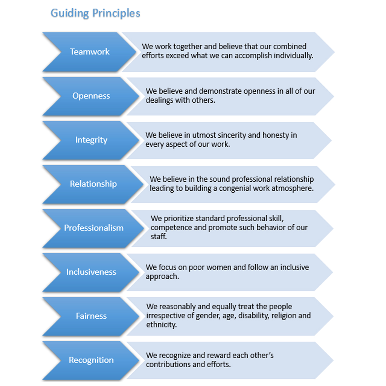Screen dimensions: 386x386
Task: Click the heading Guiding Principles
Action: (95, 13)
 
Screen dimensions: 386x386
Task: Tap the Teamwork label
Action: (89, 52)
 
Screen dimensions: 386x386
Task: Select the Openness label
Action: (91, 96)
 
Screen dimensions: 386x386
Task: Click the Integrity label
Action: (91, 140)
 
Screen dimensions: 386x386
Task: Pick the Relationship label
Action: (93, 184)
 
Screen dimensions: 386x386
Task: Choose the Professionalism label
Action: (93, 228)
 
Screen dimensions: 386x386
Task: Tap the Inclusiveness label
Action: (91, 272)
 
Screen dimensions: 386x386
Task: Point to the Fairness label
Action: (91, 316)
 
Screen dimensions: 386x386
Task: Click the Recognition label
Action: (91, 360)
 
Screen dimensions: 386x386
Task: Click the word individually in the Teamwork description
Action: (294, 56)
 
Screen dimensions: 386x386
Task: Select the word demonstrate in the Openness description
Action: (220, 91)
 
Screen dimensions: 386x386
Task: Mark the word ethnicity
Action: (161, 325)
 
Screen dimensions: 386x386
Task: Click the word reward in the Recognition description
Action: (219, 356)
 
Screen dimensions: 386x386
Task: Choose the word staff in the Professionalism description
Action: (159, 237)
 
